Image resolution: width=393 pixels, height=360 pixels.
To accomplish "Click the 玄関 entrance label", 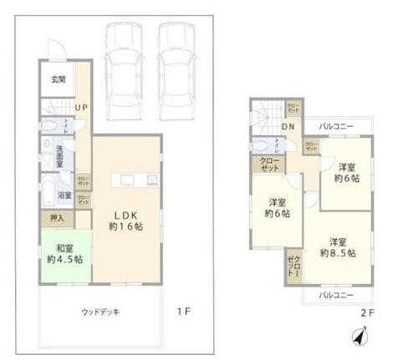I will coord(57,80).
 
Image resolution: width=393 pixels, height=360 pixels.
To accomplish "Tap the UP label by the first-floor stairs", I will coord(82,107).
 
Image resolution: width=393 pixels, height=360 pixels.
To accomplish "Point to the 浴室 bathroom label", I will coord(64,195).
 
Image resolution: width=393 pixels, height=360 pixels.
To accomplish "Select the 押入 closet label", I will coord(58,217).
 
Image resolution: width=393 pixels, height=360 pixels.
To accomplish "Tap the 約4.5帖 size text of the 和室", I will coord(65,260).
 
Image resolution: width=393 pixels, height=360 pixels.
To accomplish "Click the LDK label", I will coord(125,210).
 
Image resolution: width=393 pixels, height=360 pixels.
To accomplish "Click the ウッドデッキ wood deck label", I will coord(100,312).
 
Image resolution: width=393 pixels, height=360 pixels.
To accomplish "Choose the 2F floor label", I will coord(367,312).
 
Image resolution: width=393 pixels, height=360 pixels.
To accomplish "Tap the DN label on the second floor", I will coord(287,128).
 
